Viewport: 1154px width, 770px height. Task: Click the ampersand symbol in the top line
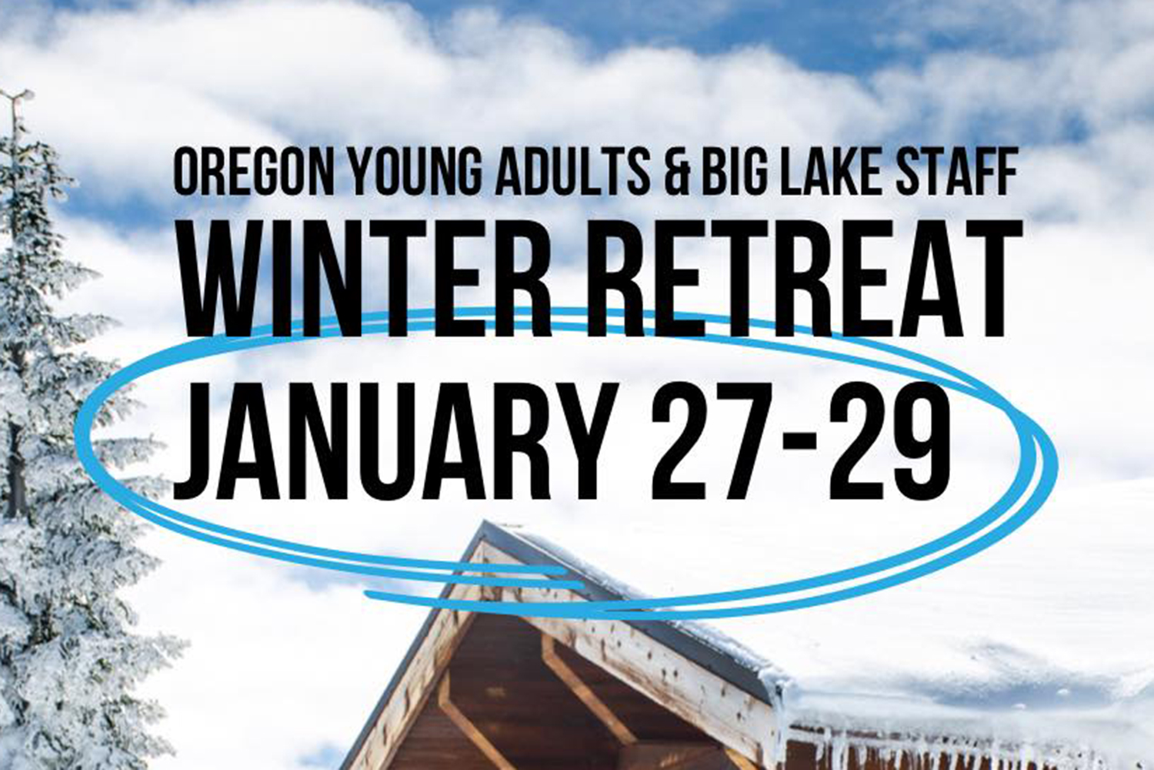coord(677,170)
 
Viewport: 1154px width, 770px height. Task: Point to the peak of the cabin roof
coord(486,527)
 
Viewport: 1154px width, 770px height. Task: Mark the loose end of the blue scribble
coord(369,594)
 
